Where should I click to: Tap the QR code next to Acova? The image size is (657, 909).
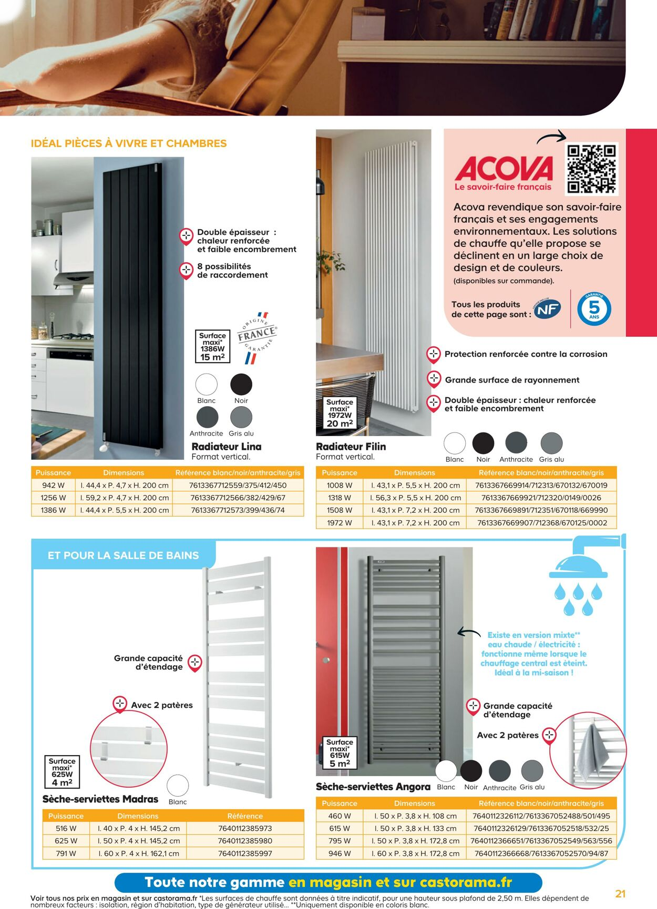point(591,169)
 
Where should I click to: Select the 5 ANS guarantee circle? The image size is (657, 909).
point(594,309)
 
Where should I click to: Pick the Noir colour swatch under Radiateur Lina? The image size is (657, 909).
point(241,385)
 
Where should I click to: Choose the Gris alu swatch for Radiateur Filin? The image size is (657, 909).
point(551,443)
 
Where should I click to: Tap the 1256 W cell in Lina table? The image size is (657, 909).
point(53,498)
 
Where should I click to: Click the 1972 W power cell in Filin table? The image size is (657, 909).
point(340,523)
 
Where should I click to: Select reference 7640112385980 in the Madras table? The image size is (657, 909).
point(245,841)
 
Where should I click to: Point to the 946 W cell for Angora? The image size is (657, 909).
point(340,853)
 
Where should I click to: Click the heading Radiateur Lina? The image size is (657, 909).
point(227,447)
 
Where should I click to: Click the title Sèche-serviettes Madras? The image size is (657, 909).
point(100,799)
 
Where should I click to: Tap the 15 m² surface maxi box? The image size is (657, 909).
point(212,346)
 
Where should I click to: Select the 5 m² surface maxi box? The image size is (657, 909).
point(340,753)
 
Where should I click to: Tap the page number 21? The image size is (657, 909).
point(620,893)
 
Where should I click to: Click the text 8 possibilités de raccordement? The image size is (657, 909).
point(232,271)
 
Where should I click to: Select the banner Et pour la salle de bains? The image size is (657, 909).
point(124,555)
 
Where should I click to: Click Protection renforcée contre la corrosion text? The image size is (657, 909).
point(526,354)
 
